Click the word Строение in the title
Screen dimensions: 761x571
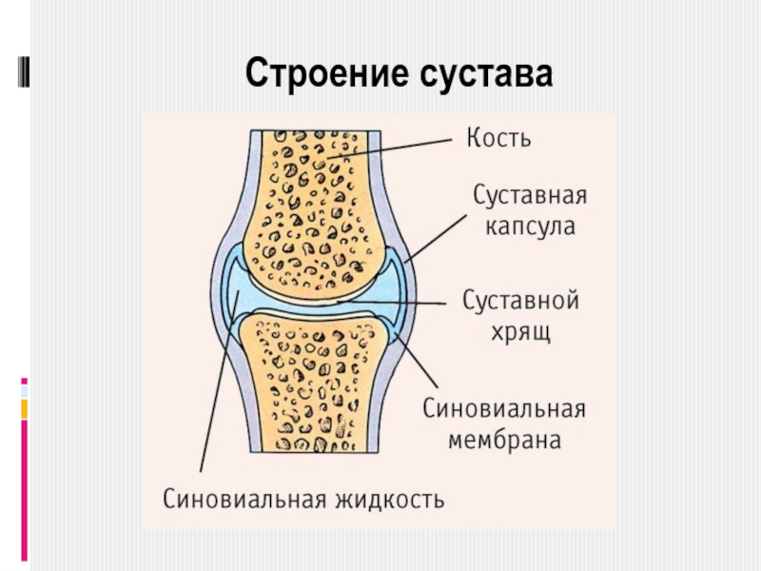click(x=319, y=73)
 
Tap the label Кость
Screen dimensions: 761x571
click(x=498, y=138)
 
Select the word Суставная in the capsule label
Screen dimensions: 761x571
click(x=530, y=197)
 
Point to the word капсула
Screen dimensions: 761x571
click(x=531, y=228)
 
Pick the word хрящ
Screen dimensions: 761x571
click(x=519, y=334)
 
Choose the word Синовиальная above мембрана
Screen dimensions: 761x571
click(x=503, y=409)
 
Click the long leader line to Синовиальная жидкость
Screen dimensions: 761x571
click(x=217, y=390)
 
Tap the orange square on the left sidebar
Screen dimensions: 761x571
click(x=24, y=408)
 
